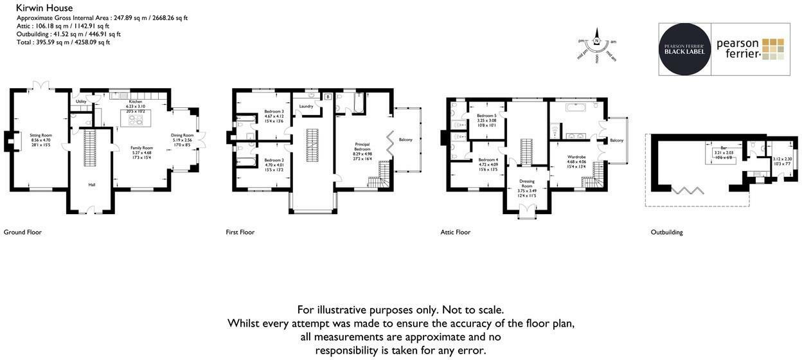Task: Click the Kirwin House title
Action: click(44, 8)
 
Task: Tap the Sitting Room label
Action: click(40, 136)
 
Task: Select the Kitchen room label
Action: click(135, 102)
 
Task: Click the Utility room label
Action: click(81, 102)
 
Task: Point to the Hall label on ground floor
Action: click(91, 184)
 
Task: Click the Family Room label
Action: click(142, 148)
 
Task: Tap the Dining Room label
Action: click(182, 135)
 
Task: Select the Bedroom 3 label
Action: click(274, 112)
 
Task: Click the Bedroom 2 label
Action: click(274, 160)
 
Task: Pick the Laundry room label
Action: click(305, 107)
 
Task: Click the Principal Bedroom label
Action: click(362, 147)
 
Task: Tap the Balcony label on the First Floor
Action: click(405, 139)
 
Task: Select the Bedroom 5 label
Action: click(486, 116)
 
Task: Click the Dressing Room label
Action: click(526, 183)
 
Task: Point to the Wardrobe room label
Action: click(576, 157)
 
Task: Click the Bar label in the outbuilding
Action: click(724, 148)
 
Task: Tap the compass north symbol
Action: click(596, 41)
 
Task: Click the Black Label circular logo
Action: click(684, 49)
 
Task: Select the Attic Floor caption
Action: click(455, 232)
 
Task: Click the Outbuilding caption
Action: click(666, 232)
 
